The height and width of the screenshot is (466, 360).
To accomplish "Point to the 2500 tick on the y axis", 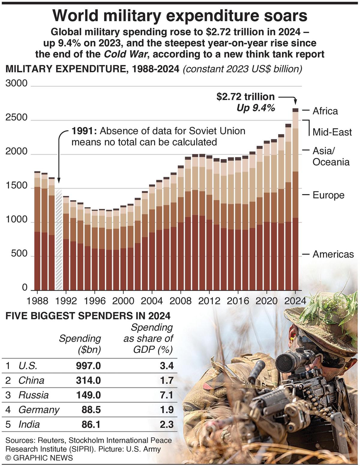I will click(16, 117).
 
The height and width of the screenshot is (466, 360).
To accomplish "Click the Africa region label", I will click(325, 111).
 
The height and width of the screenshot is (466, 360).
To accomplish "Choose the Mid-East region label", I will click(332, 132).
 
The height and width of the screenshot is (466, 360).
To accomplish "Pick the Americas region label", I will click(333, 254).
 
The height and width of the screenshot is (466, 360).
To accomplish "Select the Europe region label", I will click(328, 195).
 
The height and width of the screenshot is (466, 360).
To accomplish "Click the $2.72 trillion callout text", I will click(245, 97).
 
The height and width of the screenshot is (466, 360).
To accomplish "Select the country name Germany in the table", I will click(39, 410).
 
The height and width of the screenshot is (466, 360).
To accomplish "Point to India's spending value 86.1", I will click(91, 424).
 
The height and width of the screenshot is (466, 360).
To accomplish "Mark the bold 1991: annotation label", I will click(84, 131).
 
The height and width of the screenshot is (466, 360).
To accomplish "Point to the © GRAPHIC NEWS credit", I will click(39, 458).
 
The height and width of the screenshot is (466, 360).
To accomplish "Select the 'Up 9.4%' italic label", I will click(256, 108).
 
